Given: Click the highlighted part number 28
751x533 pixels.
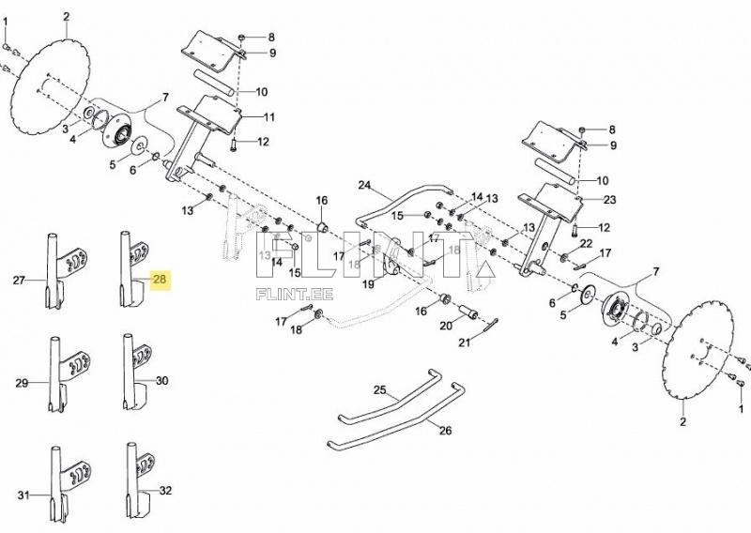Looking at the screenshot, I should [159, 280].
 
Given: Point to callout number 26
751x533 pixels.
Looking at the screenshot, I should [444, 431].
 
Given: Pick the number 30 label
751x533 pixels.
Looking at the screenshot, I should [162, 381].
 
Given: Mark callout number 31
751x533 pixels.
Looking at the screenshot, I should [23, 494].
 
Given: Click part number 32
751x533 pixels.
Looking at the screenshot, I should [165, 490].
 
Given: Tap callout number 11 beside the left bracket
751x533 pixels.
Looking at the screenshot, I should [268, 117].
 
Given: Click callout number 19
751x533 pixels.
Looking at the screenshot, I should [369, 284].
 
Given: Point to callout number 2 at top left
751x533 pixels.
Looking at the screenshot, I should [67, 17].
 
